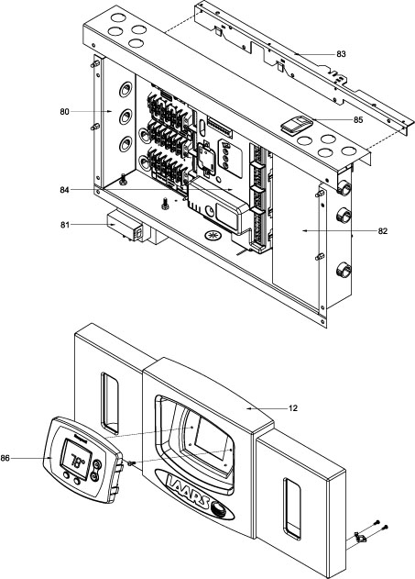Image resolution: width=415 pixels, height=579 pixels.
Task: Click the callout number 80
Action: pyautogui.click(x=64, y=112)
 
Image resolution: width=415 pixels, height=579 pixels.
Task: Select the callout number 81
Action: pyautogui.click(x=65, y=225)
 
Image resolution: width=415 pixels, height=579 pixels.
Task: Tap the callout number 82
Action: pyautogui.click(x=383, y=231)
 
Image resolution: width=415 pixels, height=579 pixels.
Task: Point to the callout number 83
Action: pyautogui.click(x=342, y=54)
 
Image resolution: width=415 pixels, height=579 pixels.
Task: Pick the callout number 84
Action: pyautogui.click(x=64, y=190)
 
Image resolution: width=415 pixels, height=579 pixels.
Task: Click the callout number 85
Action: pyautogui.click(x=358, y=120)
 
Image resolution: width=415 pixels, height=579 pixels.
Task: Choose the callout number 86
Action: pyautogui.click(x=5, y=458)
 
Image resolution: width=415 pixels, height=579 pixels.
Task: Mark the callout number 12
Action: pyautogui.click(x=293, y=408)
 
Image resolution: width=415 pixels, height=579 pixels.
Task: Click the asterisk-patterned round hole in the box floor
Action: pyautogui.click(x=212, y=235)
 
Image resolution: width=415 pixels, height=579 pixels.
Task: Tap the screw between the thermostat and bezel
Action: pyautogui.click(x=131, y=463)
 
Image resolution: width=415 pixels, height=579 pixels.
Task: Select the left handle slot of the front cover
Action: pyautogui.click(x=110, y=403)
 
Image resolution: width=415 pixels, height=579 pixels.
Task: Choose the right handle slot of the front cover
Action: pyautogui.click(x=291, y=509)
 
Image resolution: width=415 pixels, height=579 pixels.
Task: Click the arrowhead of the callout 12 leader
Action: pyautogui.click(x=248, y=408)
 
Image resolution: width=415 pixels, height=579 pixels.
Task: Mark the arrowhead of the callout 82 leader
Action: pyautogui.click(x=304, y=231)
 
